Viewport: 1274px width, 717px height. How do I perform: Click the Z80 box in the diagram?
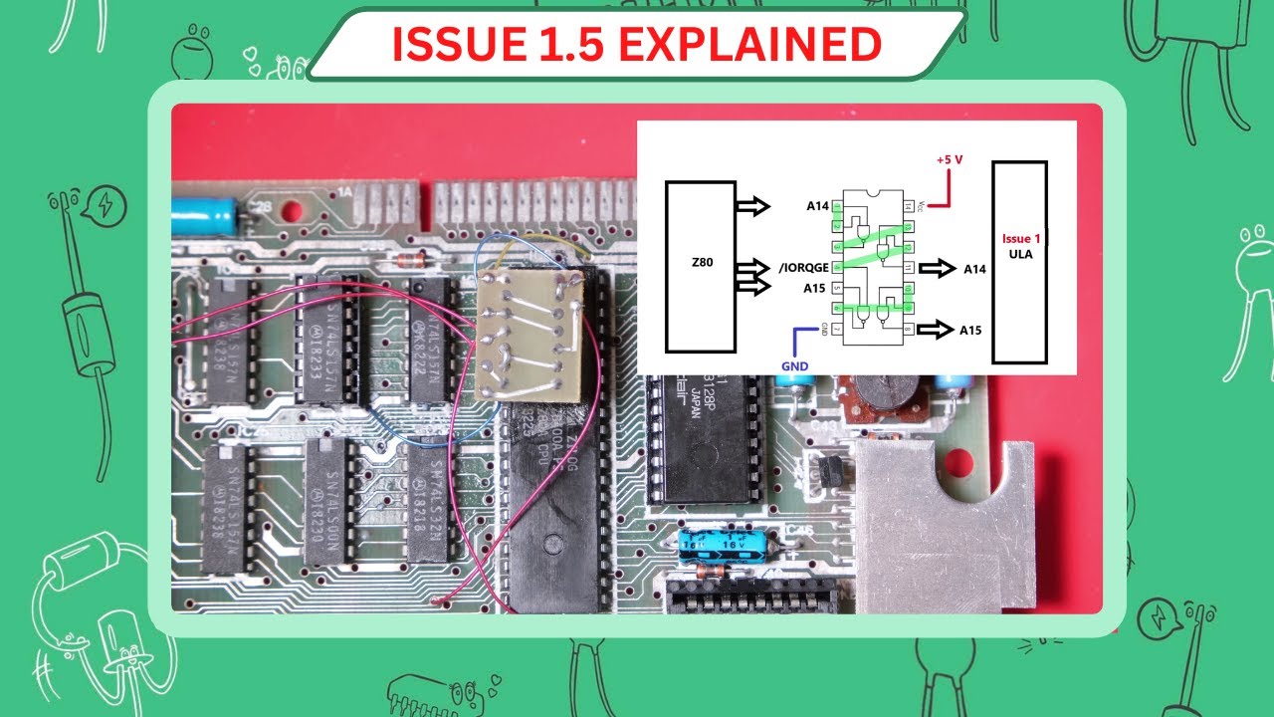click(x=700, y=266)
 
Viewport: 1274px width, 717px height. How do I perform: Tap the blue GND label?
click(x=795, y=365)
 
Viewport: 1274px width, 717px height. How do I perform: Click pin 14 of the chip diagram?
click(x=907, y=207)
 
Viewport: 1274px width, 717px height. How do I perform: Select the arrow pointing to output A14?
click(x=936, y=269)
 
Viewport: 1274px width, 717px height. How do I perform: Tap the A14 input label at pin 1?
click(x=817, y=207)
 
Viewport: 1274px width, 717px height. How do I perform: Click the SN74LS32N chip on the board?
click(x=429, y=501)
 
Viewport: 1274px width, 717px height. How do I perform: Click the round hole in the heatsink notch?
click(x=956, y=461)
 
